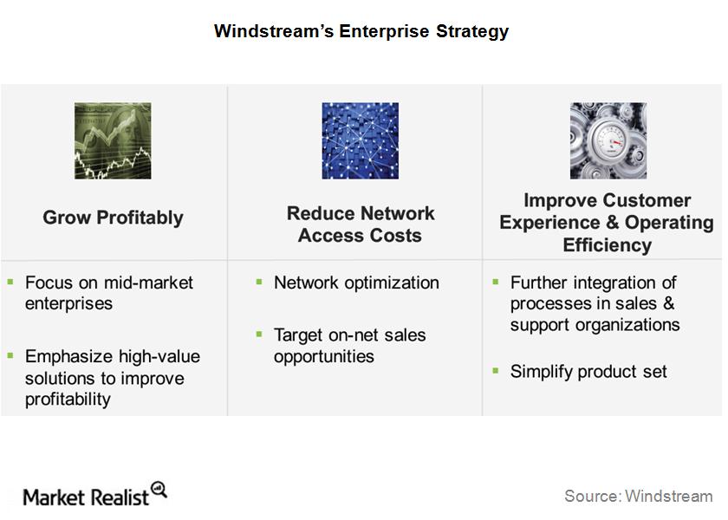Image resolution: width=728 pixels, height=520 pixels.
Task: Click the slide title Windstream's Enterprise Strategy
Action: [361, 31]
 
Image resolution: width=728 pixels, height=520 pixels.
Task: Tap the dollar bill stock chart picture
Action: [113, 140]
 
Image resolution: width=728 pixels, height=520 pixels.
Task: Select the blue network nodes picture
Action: [361, 140]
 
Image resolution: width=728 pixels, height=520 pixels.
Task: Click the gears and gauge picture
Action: [608, 140]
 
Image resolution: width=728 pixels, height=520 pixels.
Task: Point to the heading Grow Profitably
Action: [113, 218]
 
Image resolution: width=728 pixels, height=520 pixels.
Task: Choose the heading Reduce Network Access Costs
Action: [361, 224]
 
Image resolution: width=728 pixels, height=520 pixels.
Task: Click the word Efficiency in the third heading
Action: [608, 245]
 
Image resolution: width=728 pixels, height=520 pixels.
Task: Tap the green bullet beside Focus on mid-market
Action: [10, 282]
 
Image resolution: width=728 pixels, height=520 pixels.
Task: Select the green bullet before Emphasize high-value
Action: [10, 355]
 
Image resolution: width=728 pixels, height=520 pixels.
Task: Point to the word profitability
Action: [68, 400]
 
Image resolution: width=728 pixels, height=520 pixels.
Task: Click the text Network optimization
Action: [356, 283]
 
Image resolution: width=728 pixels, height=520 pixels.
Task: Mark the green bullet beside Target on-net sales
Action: [259, 334]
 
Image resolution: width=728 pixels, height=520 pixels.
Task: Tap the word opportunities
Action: [323, 356]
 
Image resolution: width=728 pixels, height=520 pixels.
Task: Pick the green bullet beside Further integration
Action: [496, 282]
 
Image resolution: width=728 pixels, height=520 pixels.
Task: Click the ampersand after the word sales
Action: [668, 303]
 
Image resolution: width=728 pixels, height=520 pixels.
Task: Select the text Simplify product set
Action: [588, 372]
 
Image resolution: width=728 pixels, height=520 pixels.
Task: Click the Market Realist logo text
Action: [86, 497]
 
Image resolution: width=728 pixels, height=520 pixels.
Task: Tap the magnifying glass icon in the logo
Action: [159, 491]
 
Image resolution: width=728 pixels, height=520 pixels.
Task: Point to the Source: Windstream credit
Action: [639, 496]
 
